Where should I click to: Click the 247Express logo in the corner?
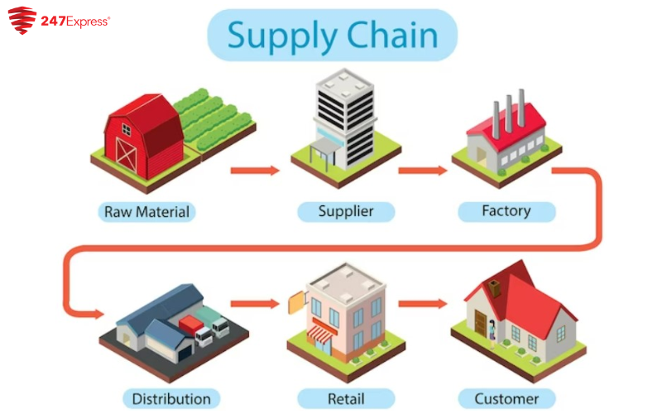59,20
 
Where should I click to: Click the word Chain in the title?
392,35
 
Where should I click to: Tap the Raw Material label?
147,212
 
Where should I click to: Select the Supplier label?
346,211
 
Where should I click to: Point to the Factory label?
506,211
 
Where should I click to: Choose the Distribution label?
171,399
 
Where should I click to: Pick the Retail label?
346,399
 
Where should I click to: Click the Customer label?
506,399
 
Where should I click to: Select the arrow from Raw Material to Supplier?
255,171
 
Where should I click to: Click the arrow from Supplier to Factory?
423,171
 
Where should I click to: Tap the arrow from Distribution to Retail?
255,304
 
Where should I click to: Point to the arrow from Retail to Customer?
423,304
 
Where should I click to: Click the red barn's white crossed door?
127,155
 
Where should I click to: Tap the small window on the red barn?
127,129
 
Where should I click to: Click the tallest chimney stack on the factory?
522,108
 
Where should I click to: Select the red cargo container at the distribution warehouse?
191,325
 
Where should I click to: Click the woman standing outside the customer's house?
492,334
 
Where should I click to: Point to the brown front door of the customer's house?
481,323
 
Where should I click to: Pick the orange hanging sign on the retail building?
297,302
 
